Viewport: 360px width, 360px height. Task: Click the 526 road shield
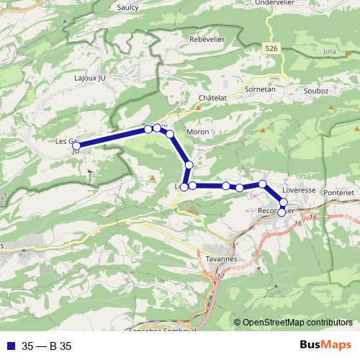pyautogui.click(x=271, y=48)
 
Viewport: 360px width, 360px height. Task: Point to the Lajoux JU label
pyautogui.click(x=90, y=76)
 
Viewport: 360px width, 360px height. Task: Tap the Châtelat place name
pyautogui.click(x=213, y=96)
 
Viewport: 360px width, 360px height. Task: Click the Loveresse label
pyautogui.click(x=299, y=191)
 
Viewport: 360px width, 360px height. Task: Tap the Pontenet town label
pyautogui.click(x=338, y=194)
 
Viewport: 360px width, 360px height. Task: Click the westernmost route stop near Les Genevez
pyautogui.click(x=76, y=146)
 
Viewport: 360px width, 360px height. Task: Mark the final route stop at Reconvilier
pyautogui.click(x=282, y=212)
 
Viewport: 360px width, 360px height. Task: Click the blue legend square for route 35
pyautogui.click(x=9, y=346)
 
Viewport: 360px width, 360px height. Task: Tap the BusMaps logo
pyautogui.click(x=321, y=346)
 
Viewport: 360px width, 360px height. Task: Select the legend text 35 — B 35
pyautogui.click(x=46, y=346)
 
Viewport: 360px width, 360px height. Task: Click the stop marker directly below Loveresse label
pyautogui.click(x=283, y=202)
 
